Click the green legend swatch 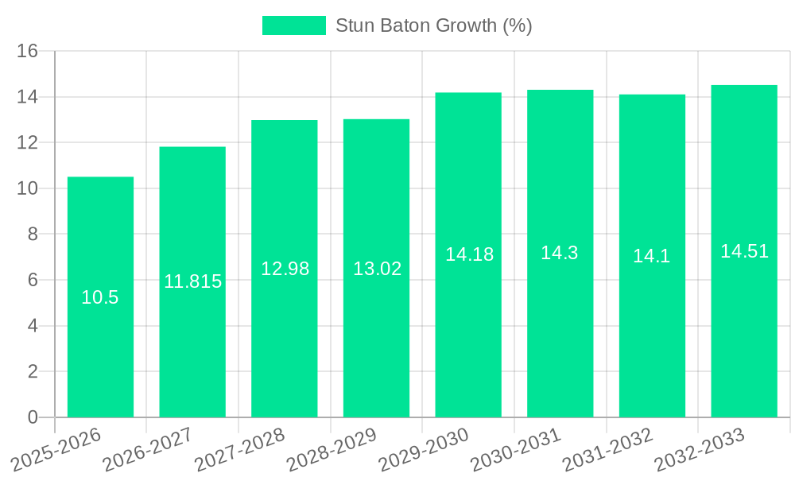click(x=293, y=25)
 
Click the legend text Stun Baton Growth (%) click(x=433, y=25)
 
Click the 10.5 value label click(x=100, y=297)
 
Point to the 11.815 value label click(x=192, y=281)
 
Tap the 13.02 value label click(x=377, y=269)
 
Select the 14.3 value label click(x=560, y=253)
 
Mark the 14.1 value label click(x=652, y=256)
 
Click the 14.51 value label click(x=744, y=251)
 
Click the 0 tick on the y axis click(x=33, y=417)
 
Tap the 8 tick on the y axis click(x=33, y=235)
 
